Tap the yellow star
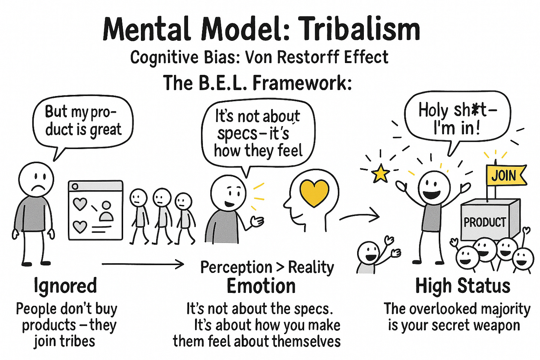point(381,174)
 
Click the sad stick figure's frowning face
point(36,181)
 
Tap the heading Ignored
point(65,286)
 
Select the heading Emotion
point(261,286)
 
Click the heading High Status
point(462,286)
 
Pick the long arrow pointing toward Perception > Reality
point(143,264)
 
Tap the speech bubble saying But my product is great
point(82,122)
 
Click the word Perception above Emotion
point(236,267)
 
